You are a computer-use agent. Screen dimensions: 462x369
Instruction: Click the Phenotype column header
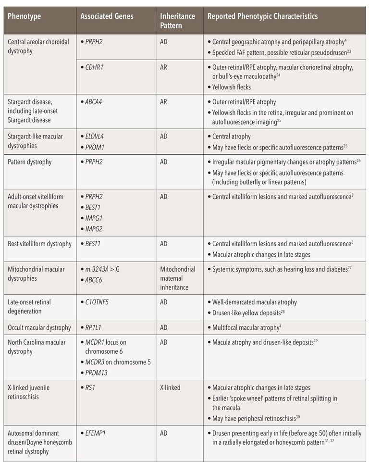pyautogui.click(x=25, y=16)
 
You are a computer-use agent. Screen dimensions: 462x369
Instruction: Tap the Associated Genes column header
pyautogui.click(x=107, y=16)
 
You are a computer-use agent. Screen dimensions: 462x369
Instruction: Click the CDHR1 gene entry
pyautogui.click(x=94, y=68)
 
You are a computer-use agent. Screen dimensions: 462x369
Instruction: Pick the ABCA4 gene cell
pyautogui.click(x=94, y=102)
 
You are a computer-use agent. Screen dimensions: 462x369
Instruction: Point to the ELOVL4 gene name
pyautogui.click(x=96, y=137)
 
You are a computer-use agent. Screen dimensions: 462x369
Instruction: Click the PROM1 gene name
pyautogui.click(x=95, y=147)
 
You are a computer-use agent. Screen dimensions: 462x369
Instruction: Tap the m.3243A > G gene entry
pyautogui.click(x=102, y=269)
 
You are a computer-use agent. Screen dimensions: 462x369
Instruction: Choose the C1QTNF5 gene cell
pyautogui.click(x=98, y=302)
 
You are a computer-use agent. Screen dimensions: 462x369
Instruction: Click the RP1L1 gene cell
pyautogui.click(x=94, y=328)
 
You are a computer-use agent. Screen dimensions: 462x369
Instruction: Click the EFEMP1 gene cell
pyautogui.click(x=96, y=433)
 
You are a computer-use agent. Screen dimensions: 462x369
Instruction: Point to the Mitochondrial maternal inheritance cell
pyautogui.click(x=177, y=278)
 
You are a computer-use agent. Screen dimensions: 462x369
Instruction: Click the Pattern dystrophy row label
pyautogui.click(x=30, y=162)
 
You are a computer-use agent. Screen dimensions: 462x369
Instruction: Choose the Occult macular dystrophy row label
pyautogui.click(x=39, y=328)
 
